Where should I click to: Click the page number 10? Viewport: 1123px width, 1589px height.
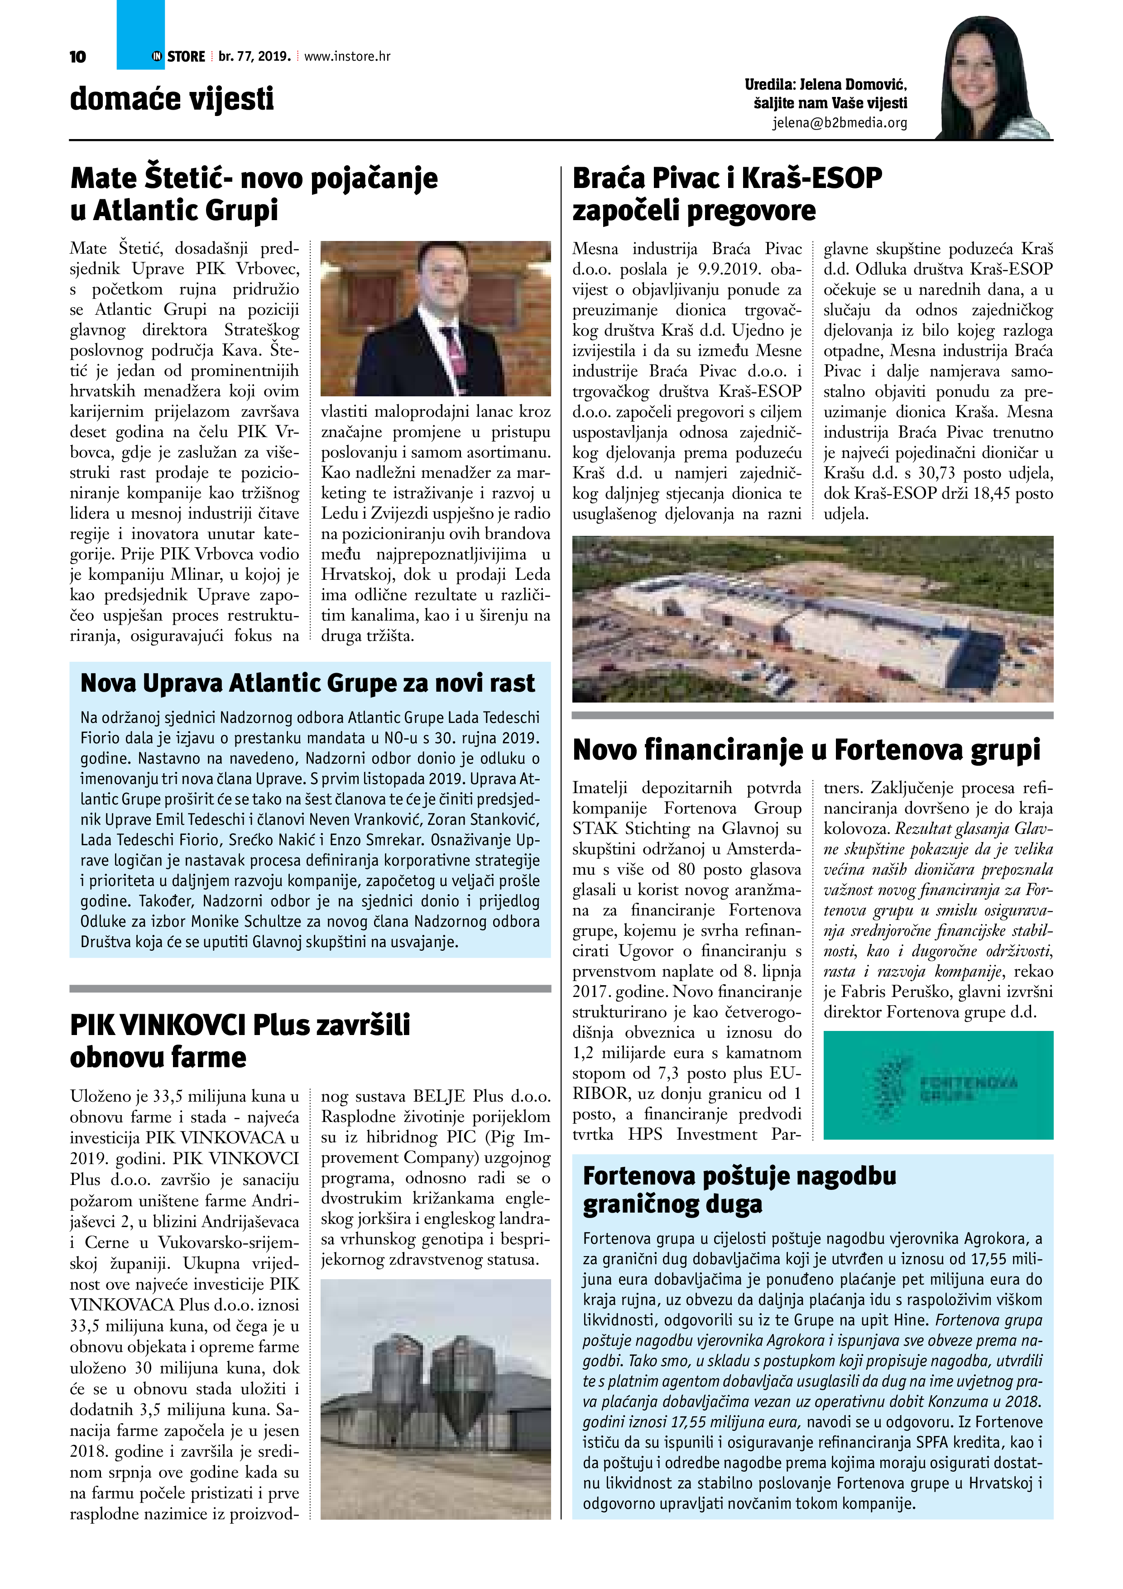point(77,57)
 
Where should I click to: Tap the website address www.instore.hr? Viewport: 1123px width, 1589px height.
point(347,57)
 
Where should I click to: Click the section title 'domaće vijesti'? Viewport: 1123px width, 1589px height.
point(172,99)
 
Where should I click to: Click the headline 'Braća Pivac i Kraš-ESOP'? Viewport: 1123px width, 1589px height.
point(726,178)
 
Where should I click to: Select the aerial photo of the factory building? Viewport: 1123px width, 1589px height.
point(812,619)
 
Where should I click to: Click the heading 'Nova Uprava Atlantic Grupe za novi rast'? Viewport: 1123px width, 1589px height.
point(307,683)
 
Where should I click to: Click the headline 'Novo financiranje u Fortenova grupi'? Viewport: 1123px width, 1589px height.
point(806,750)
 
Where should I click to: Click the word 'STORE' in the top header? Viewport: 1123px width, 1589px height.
point(186,57)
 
